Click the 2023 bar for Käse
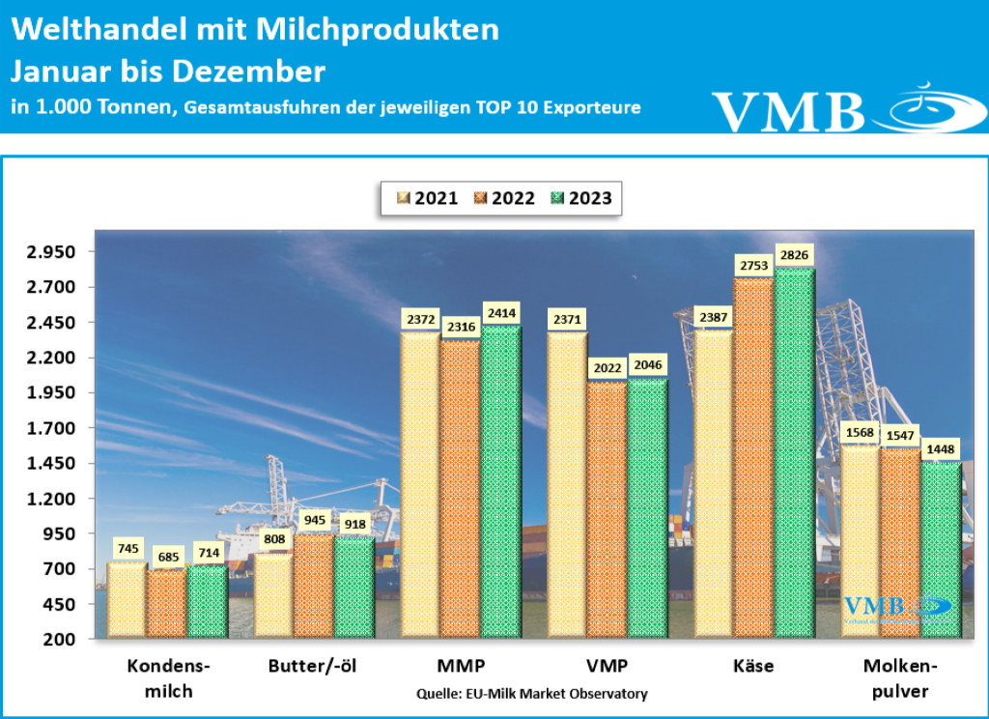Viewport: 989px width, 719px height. [795, 454]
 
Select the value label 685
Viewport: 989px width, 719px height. [168, 557]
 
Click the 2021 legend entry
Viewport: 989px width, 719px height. [427, 198]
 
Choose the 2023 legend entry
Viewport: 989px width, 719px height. [580, 198]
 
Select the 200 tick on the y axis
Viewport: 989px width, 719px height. [59, 640]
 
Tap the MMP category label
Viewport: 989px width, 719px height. [461, 667]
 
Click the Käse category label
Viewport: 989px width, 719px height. [754, 667]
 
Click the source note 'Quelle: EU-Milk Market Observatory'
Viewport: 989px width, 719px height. [532, 694]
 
